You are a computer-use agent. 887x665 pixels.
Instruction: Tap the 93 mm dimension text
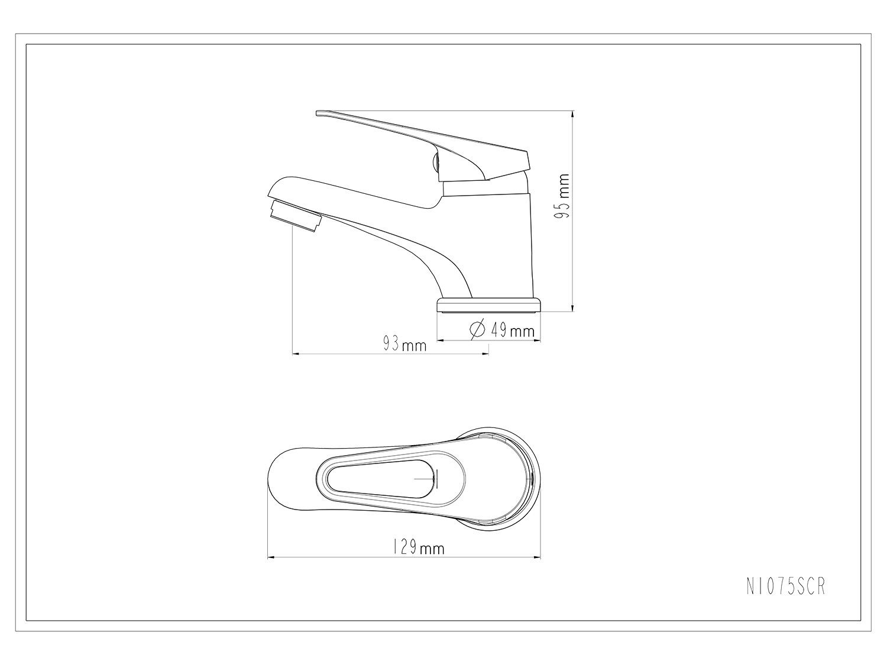(404, 345)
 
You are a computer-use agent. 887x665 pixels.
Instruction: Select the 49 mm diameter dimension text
(513, 330)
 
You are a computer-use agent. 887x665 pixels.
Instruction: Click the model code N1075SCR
(785, 586)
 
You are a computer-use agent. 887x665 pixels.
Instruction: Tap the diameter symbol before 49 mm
(477, 329)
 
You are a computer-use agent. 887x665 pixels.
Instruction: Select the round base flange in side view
(488, 305)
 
